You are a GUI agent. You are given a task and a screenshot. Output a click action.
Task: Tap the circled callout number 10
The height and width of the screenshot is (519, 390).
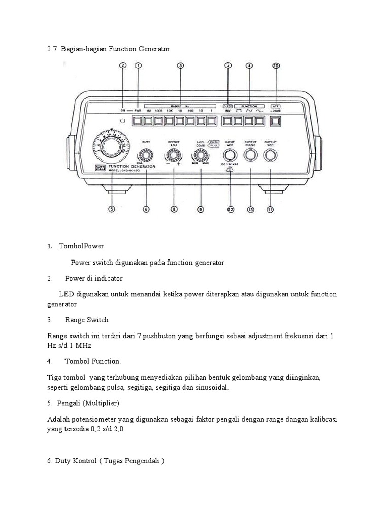(x=276, y=65)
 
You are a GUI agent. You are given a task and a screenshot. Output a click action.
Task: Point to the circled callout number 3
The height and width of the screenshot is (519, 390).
(x=180, y=65)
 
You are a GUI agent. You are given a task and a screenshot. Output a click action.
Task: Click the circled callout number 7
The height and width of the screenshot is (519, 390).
(x=228, y=65)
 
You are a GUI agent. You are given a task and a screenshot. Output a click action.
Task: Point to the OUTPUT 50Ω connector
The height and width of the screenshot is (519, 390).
(x=271, y=155)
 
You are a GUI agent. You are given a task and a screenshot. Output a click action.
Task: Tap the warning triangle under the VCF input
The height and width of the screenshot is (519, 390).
(x=230, y=171)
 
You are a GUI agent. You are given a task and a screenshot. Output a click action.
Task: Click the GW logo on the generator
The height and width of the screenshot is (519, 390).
(x=98, y=169)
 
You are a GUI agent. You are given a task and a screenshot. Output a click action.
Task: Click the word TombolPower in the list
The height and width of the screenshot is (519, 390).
(x=81, y=246)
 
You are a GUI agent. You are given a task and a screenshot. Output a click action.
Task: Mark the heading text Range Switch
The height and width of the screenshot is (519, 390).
(x=87, y=320)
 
